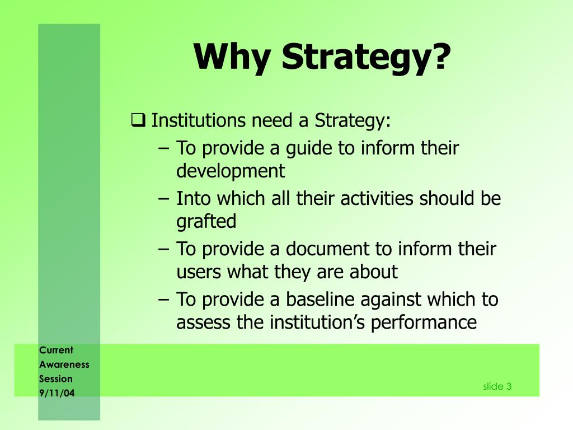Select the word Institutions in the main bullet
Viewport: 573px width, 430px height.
[199, 120]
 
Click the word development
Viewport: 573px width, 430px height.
[231, 171]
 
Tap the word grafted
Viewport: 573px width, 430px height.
[206, 221]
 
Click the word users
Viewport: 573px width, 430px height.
[199, 272]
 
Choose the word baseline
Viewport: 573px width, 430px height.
[321, 300]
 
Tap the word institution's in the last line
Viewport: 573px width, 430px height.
[317, 322]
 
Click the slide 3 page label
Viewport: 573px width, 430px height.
[497, 386]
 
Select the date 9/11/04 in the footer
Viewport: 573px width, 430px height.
[57, 393]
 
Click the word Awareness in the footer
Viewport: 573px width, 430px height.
[64, 364]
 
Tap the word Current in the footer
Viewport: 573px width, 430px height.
[56, 350]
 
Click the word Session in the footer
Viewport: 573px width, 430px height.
[55, 378]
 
